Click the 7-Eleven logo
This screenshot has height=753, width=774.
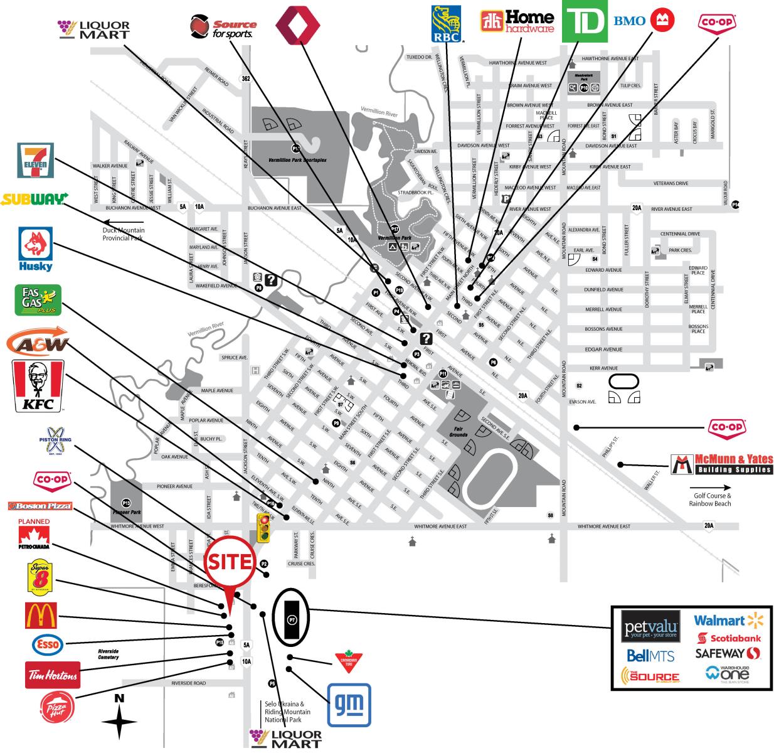pos(36,160)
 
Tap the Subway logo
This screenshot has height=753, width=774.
pos(34,200)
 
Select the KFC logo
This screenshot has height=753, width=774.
pos(38,386)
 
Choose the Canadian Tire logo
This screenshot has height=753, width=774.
pos(347,662)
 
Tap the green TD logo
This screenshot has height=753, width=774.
pos(584,21)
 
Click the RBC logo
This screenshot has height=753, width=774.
pos(446,23)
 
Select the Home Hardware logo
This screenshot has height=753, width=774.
pos(517,21)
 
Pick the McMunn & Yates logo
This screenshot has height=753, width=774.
pos(721,464)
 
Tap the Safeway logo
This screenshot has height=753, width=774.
pos(728,653)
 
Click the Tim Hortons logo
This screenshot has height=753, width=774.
pos(53,675)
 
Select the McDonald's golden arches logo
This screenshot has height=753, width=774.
pos(41,616)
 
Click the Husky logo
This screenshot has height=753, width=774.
pos(36,250)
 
